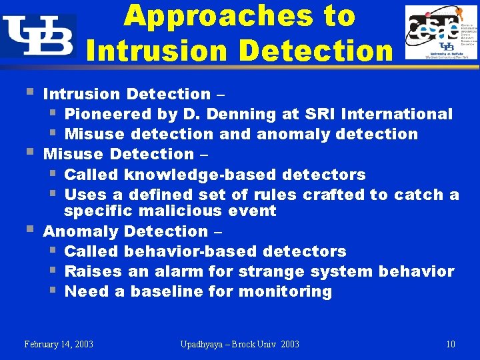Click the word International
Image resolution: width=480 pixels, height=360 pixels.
pyautogui.click(x=397, y=115)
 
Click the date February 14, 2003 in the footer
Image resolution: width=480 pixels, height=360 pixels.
pyautogui.click(x=59, y=344)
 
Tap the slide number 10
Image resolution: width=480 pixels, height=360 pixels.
pyautogui.click(x=450, y=344)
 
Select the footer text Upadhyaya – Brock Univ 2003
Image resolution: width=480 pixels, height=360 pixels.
pyautogui.click(x=240, y=344)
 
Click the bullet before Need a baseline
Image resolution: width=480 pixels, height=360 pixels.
pyautogui.click(x=53, y=291)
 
